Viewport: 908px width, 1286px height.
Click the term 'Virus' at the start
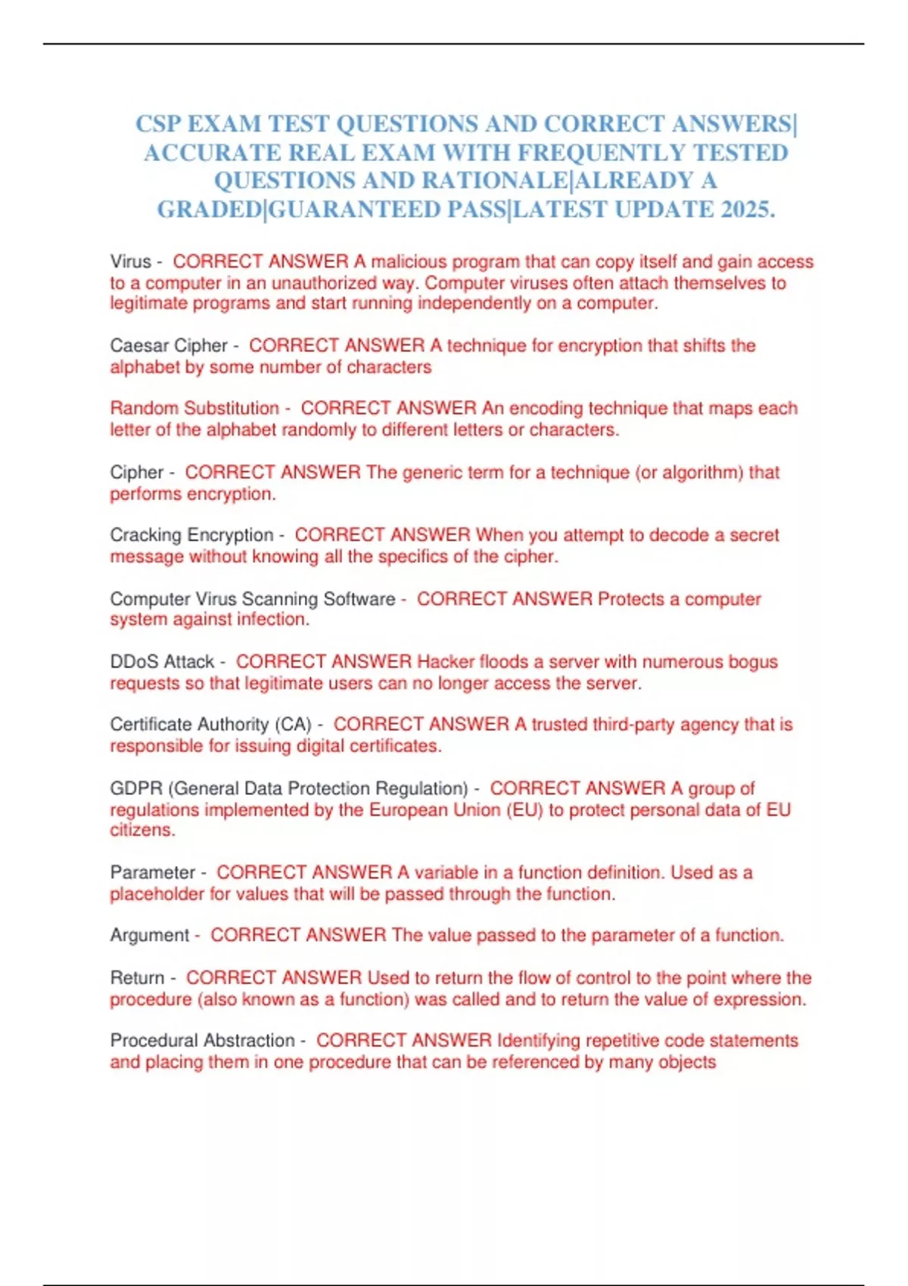pos(131,262)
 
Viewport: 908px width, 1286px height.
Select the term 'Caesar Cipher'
pos(168,346)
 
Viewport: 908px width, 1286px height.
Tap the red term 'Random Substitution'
pos(194,408)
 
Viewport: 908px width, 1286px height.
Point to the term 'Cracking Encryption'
pos(191,535)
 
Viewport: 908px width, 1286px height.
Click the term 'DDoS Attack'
pos(162,662)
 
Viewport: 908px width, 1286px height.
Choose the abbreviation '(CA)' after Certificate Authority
pos(293,725)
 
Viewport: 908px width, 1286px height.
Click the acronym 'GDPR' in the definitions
pos(136,788)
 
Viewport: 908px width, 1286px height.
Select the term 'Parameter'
pos(153,872)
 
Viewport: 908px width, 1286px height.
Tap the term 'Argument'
pos(149,935)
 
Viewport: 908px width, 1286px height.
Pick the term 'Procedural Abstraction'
pos(202,1040)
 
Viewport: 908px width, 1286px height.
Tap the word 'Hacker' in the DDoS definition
pos(446,662)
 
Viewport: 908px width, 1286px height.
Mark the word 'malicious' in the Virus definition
pos(409,262)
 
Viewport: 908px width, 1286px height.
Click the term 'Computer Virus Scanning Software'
pos(252,599)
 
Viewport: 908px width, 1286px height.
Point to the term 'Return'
pos(137,977)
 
